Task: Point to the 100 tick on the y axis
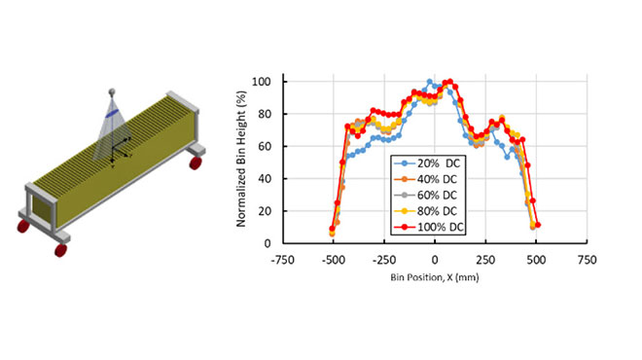coord(262,82)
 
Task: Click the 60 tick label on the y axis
coord(265,146)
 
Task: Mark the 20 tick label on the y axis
coord(265,211)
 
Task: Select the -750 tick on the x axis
coord(282,261)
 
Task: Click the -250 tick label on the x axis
coord(383,261)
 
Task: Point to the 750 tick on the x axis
coord(587,261)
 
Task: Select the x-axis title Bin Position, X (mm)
coord(434,277)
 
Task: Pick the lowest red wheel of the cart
coord(61,250)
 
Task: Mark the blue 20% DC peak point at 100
coord(430,82)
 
